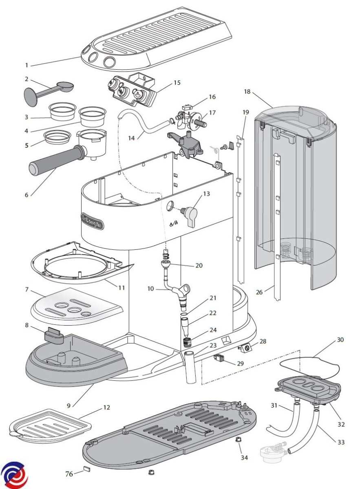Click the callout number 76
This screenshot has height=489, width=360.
tap(69, 474)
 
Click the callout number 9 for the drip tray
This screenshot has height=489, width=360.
tap(69, 405)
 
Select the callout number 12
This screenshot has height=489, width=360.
tap(106, 407)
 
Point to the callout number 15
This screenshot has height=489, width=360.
tap(177, 83)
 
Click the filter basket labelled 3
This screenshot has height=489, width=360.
tap(63, 111)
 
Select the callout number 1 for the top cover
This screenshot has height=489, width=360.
tap(27, 65)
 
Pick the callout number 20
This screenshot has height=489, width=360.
tap(199, 265)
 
